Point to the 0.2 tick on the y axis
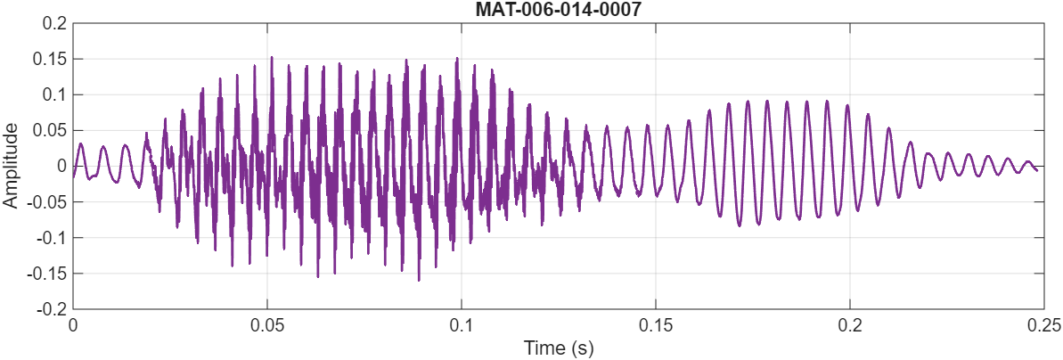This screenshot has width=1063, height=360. [x=56, y=23]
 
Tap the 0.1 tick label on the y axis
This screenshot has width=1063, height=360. [x=56, y=94]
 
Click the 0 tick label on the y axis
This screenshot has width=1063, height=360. [x=61, y=166]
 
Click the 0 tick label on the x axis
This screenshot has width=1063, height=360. [x=73, y=325]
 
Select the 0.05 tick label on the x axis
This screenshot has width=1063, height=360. [x=267, y=325]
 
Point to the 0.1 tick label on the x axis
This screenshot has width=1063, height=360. [x=462, y=325]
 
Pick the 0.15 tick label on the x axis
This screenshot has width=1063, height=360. [x=656, y=325]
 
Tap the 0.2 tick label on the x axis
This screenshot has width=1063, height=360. [x=850, y=325]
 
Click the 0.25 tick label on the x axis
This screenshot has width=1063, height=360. [x=1043, y=325]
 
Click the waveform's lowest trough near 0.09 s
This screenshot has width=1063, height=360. [x=419, y=280]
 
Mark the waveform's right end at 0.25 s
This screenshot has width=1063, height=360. [x=1036, y=170]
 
